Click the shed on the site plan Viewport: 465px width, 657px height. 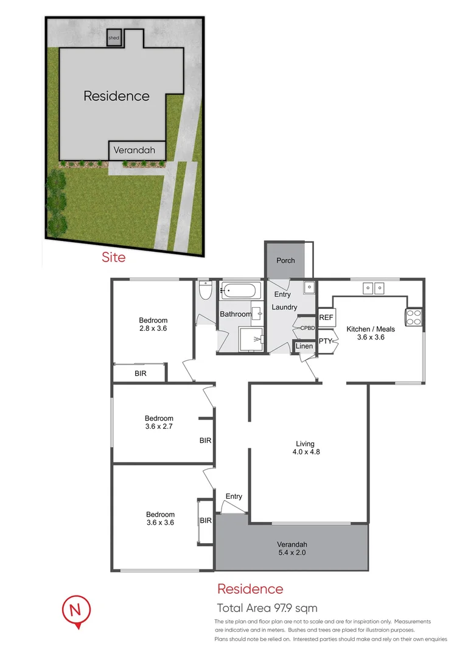coord(114,37)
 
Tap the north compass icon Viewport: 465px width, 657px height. coord(76,609)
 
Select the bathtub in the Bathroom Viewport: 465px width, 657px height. coord(240,290)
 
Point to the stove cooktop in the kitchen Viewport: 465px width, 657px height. coord(414,318)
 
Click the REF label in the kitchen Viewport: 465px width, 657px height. coord(326,318)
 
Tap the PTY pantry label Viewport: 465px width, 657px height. coord(326,341)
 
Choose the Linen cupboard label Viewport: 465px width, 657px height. coord(304,346)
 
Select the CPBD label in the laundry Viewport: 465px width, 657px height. coord(307,327)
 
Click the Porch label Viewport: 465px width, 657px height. coord(285,260)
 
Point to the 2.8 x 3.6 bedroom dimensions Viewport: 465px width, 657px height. coord(153,328)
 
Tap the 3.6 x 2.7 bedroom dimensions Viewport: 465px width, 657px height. coord(159,426)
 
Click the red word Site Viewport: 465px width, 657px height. coord(114,257)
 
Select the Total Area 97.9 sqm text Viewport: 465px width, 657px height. coord(267,608)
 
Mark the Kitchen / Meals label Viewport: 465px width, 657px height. coord(371,329)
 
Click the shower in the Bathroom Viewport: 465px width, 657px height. coord(253,339)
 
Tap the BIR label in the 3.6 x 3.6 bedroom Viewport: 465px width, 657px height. coord(206,520)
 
